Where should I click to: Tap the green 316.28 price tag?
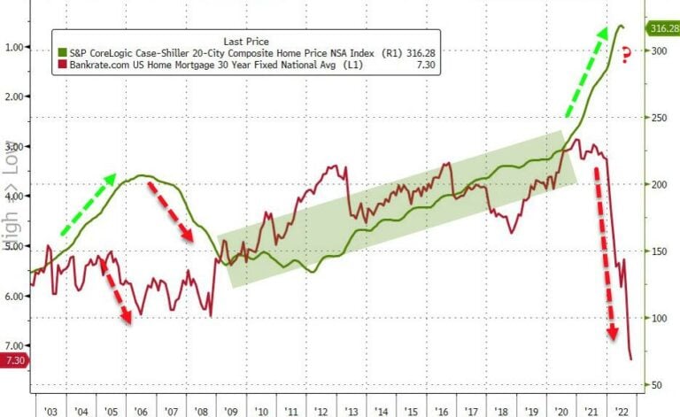point(663,29)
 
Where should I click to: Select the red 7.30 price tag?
point(14,359)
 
